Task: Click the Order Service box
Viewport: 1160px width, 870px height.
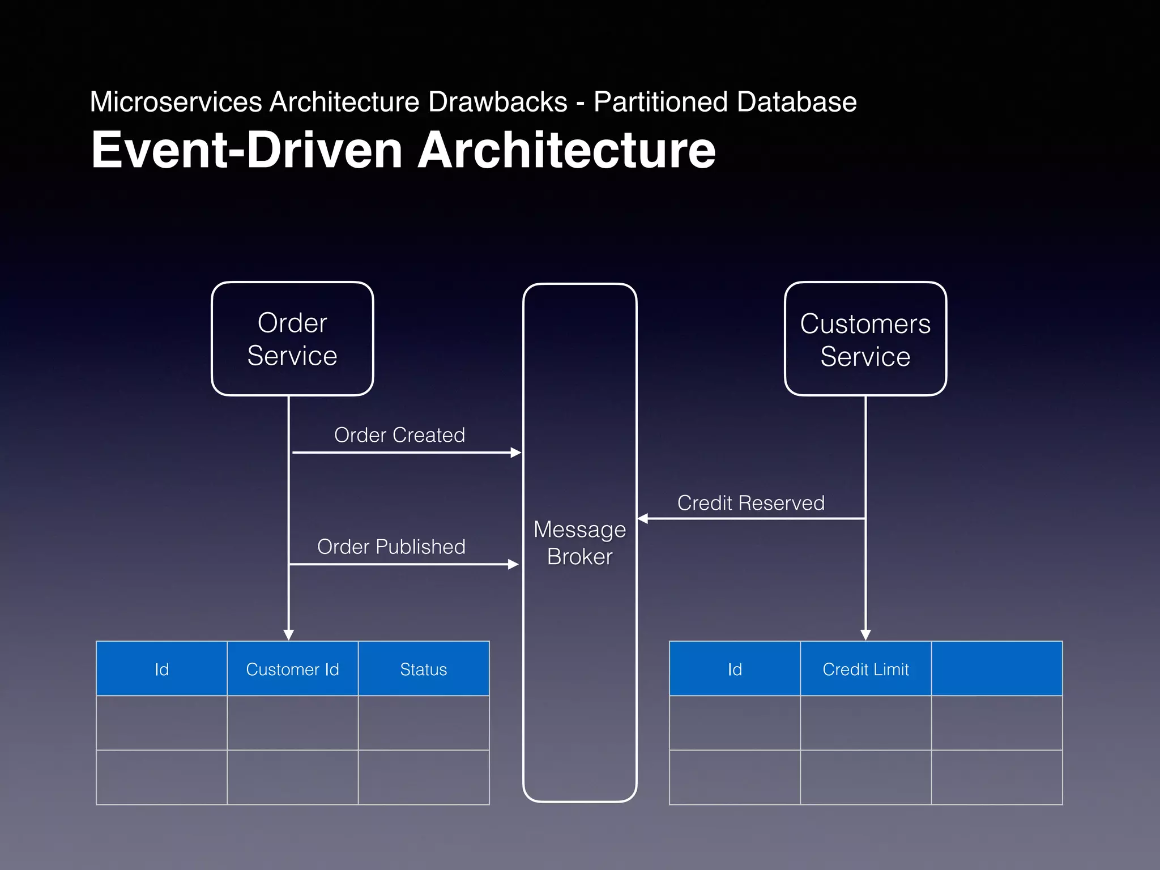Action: pyautogui.click(x=292, y=339)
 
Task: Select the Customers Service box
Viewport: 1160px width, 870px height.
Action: pyautogui.click(x=865, y=339)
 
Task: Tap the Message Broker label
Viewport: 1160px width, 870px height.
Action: pyautogui.click(x=579, y=543)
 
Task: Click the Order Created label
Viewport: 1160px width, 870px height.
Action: pyautogui.click(x=399, y=435)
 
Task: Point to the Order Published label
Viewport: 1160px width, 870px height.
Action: pyautogui.click(x=391, y=547)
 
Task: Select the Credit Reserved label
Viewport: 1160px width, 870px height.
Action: pyautogui.click(x=750, y=503)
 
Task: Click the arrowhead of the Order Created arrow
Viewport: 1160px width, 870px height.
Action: pyautogui.click(x=515, y=453)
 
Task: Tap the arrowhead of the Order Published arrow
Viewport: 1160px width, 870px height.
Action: pyautogui.click(x=513, y=564)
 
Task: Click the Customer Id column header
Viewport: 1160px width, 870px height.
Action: pyautogui.click(x=292, y=669)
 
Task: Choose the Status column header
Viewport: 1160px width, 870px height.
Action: pyautogui.click(x=423, y=669)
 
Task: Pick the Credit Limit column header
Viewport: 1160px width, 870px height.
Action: pyautogui.click(x=865, y=669)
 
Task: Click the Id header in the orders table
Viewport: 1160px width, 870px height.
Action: pyautogui.click(x=161, y=669)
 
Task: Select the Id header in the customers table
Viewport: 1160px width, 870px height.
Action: pyautogui.click(x=735, y=669)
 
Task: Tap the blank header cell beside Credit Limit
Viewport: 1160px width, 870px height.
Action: pyautogui.click(x=996, y=669)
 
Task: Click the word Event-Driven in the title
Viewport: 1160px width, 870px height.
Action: pyautogui.click(x=246, y=150)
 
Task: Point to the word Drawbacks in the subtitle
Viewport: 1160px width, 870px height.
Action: pyautogui.click(x=497, y=103)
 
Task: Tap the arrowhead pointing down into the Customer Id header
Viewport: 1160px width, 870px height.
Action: pyautogui.click(x=289, y=635)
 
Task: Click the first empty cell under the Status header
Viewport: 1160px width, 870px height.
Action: pyautogui.click(x=423, y=723)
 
